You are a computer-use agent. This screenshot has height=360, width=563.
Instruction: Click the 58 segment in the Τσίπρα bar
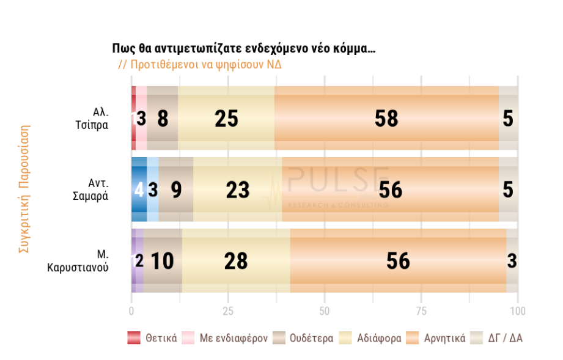tap(386, 119)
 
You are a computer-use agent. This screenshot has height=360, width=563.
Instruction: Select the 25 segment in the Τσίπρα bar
tap(226, 119)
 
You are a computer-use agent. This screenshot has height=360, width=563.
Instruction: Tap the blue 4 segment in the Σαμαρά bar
tap(139, 190)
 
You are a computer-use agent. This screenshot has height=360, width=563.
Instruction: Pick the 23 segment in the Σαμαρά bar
tap(238, 190)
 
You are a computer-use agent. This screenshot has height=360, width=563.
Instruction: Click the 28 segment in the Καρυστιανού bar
tap(236, 261)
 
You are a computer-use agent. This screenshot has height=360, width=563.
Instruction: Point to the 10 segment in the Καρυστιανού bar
tap(162, 261)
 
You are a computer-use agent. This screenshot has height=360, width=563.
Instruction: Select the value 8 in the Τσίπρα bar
tap(163, 119)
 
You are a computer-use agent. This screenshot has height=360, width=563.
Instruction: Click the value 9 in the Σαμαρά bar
tap(176, 190)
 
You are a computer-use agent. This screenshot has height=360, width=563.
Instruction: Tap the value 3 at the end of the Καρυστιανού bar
tap(512, 261)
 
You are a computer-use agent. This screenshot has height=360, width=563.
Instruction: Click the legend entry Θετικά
tap(152, 338)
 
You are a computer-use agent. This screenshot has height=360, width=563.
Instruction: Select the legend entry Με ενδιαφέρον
tap(226, 338)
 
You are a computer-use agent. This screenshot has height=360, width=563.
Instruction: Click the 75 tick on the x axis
tap(421, 311)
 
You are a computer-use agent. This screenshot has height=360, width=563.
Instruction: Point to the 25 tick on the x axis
tap(228, 311)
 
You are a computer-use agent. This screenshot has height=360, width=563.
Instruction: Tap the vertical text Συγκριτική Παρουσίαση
tap(24, 189)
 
